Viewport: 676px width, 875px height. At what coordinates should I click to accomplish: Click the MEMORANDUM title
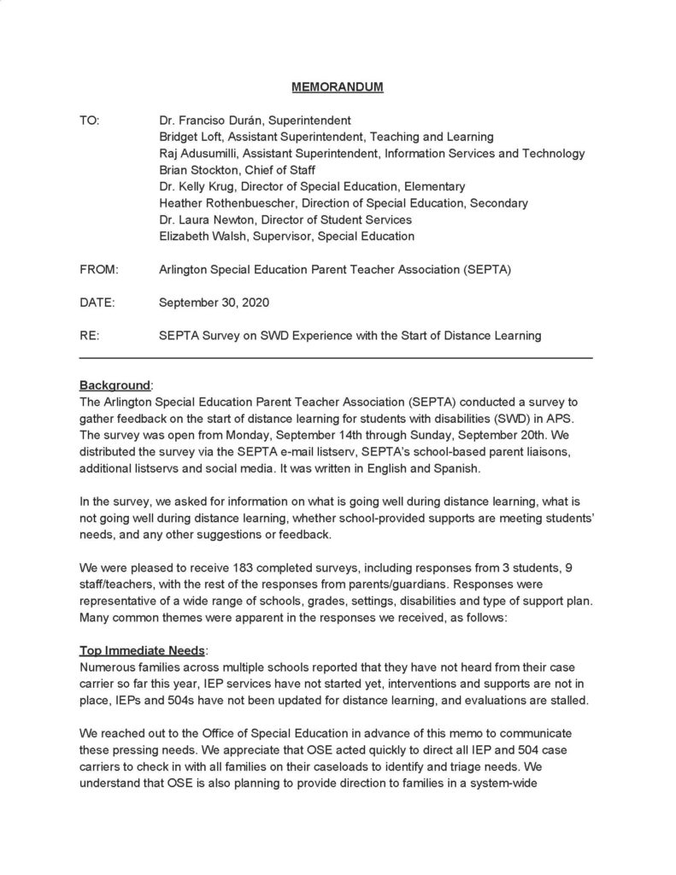tap(338, 87)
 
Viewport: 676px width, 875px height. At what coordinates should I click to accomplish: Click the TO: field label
tap(90, 120)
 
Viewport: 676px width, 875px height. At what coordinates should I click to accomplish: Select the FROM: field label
tap(98, 269)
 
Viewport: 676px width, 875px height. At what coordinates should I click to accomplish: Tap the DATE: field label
tap(97, 302)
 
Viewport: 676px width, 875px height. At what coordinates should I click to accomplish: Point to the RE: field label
tap(89, 336)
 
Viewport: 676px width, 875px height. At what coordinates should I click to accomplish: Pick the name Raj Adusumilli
tap(199, 153)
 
